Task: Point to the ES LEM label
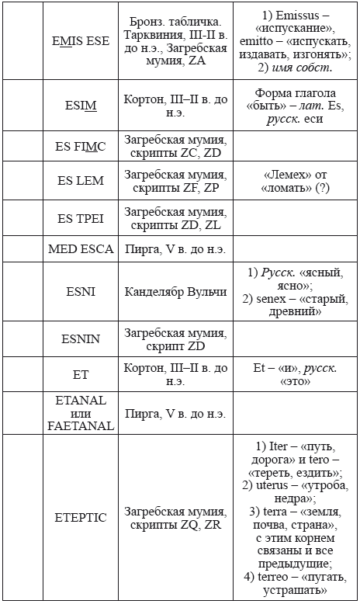pyautogui.click(x=80, y=181)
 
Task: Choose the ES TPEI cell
pyautogui.click(x=80, y=217)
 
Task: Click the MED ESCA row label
pyautogui.click(x=80, y=249)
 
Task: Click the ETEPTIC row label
pyautogui.click(x=80, y=517)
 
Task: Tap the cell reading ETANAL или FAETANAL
pyautogui.click(x=80, y=413)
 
